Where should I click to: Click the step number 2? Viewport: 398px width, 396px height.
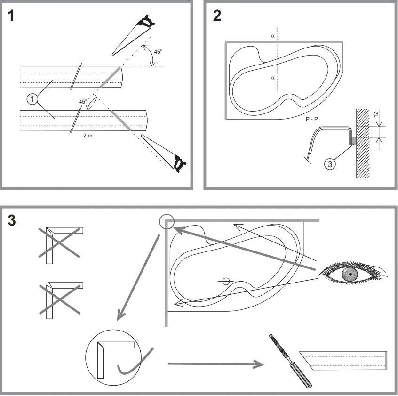[x=217, y=15]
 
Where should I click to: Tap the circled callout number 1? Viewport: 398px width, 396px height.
[x=32, y=99]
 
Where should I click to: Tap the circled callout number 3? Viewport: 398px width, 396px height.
[x=331, y=164]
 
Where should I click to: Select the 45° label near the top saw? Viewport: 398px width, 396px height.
[x=158, y=52]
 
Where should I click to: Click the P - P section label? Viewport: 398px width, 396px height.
[x=311, y=120]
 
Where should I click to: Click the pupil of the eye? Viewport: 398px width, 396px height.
[x=349, y=274]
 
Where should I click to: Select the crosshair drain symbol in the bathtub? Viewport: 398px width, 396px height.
[x=226, y=282]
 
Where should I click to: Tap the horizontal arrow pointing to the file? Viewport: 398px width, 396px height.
[x=215, y=364]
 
